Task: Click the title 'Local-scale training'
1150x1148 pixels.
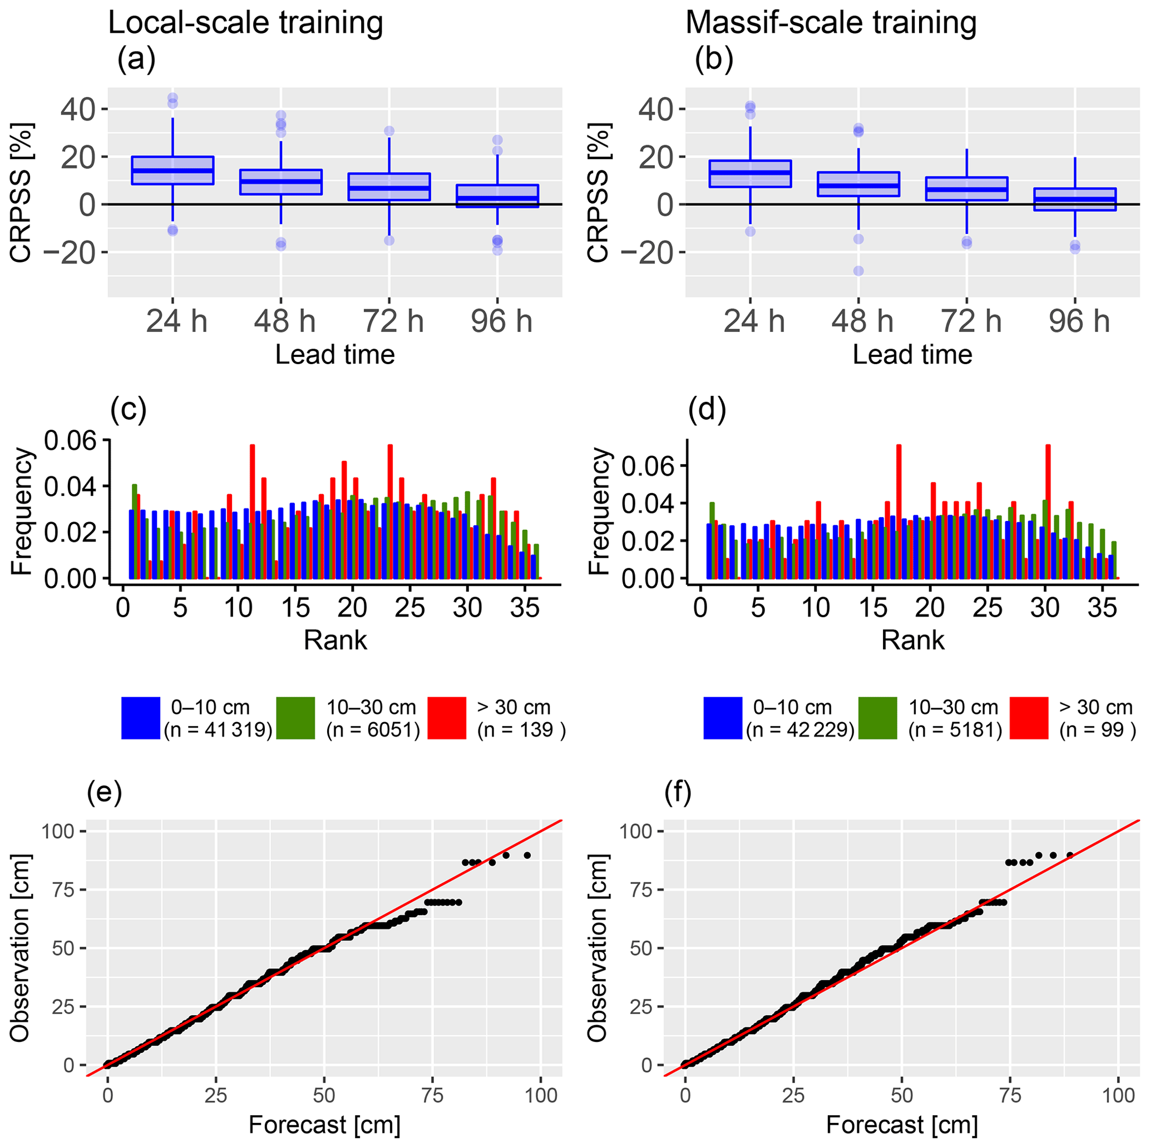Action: [x=245, y=24]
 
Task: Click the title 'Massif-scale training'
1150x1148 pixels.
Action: [x=831, y=24]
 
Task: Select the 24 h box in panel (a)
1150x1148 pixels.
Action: [x=172, y=171]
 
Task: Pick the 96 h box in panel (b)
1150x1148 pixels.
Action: [x=1075, y=199]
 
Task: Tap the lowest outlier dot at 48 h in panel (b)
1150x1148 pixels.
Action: [x=858, y=271]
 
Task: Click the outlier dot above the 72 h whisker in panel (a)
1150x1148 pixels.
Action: [x=389, y=131]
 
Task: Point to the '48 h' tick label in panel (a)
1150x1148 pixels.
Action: [x=284, y=322]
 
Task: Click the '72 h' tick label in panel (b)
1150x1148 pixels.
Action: [x=971, y=322]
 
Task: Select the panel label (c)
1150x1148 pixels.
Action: [x=129, y=410]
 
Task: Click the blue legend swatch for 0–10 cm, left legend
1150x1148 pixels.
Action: [x=140, y=718]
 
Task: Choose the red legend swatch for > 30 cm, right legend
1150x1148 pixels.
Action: [x=1029, y=718]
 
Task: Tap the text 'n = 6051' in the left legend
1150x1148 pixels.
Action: [x=373, y=730]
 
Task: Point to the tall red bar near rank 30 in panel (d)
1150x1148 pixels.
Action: [x=1048, y=511]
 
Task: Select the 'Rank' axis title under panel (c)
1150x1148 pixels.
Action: [x=335, y=640]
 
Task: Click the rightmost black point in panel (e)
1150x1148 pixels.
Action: [x=527, y=856]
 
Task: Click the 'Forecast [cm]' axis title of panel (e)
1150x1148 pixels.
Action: [x=324, y=1125]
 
